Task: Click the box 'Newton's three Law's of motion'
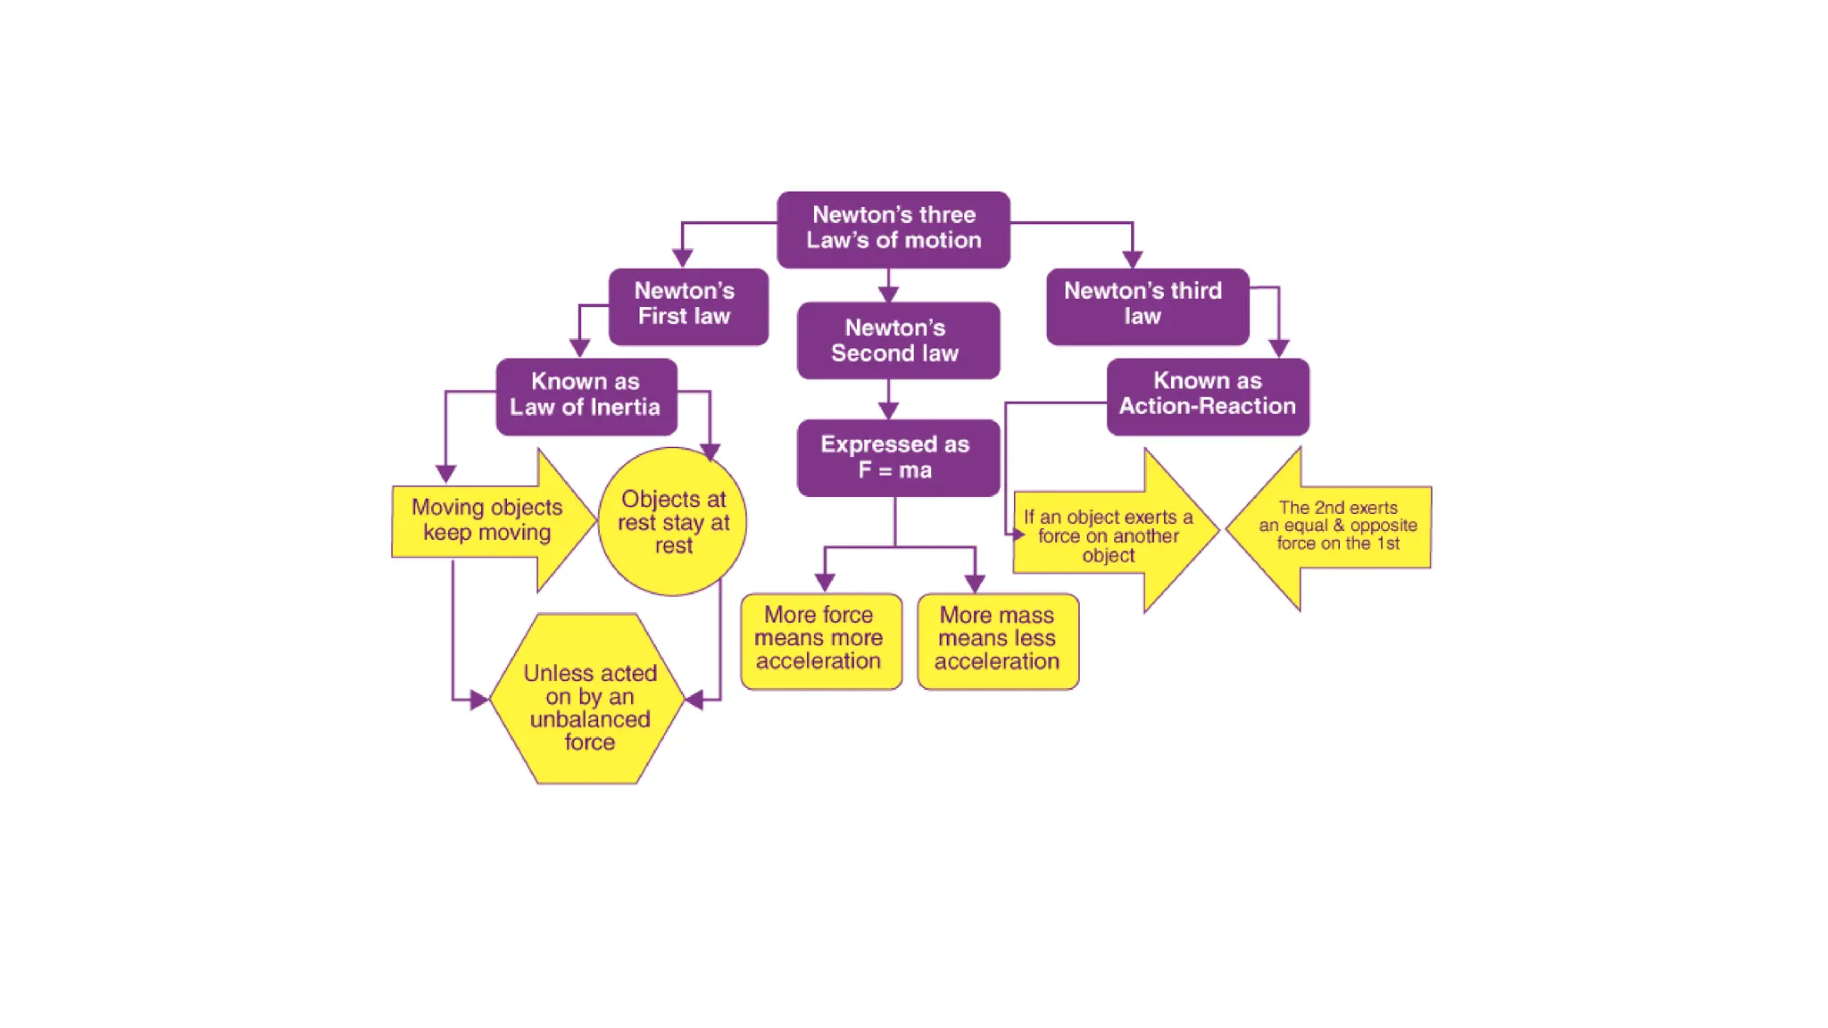click(x=893, y=228)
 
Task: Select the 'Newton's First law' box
click(x=687, y=305)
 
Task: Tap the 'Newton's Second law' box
click(x=897, y=340)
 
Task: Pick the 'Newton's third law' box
click(x=1147, y=305)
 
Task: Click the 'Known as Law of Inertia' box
click(x=586, y=395)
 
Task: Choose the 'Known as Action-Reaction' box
click(x=1208, y=395)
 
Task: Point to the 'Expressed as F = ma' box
click(x=897, y=457)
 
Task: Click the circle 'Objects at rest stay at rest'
click(x=673, y=522)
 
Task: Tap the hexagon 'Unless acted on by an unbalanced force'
click(x=589, y=700)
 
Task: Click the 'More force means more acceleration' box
click(x=820, y=640)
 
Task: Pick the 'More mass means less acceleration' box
click(x=997, y=640)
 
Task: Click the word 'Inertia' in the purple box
click(x=625, y=408)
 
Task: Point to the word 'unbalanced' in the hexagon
click(x=590, y=719)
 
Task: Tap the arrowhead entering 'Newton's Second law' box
click(x=888, y=294)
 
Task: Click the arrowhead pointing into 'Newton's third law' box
click(x=1132, y=260)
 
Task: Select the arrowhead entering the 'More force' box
click(x=825, y=583)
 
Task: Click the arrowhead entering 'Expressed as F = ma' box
click(x=888, y=410)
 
